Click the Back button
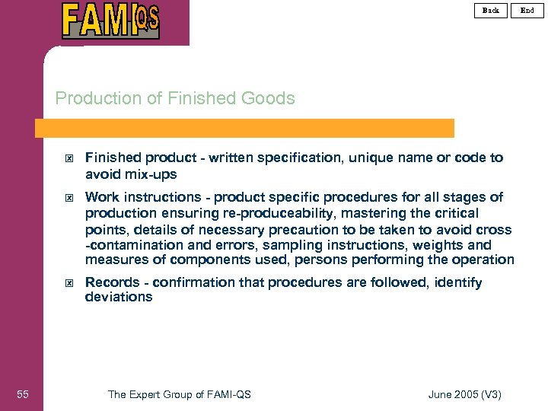[491, 10]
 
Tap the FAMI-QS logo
[110, 21]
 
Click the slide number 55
[23, 393]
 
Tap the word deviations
[119, 297]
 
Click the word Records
[112, 282]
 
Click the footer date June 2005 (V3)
[465, 393]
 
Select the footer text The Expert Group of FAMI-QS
[180, 393]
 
